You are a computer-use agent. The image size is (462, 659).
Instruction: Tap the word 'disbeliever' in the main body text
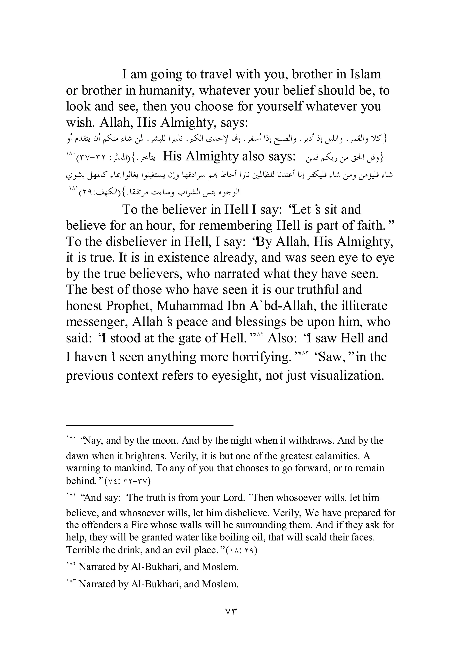136,242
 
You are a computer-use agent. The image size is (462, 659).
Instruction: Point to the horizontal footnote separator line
149,425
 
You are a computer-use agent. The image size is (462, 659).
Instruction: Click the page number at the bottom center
231,612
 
